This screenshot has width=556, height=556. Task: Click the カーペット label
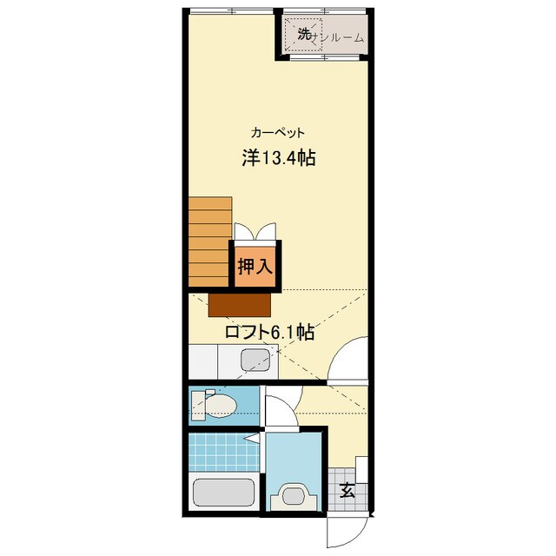tap(277, 133)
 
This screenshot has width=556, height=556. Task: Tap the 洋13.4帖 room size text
tap(277, 159)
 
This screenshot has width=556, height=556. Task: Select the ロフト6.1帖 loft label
tap(269, 331)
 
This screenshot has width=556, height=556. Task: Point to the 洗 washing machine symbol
tap(303, 35)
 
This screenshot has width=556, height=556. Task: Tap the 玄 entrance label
tap(347, 490)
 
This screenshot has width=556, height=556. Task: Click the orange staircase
tap(209, 241)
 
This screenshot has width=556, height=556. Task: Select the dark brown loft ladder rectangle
tap(240, 304)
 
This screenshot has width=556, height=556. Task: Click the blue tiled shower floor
tap(222, 452)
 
